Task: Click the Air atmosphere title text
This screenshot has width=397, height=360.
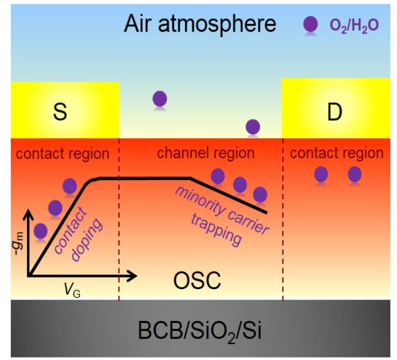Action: coord(200,24)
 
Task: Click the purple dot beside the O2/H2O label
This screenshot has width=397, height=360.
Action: coord(311,24)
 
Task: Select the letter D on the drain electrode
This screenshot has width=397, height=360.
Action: coord(334,114)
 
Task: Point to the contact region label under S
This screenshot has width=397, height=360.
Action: coord(62,153)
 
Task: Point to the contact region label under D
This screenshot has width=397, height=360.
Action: coord(337,153)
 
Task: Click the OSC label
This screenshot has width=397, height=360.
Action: coord(196,281)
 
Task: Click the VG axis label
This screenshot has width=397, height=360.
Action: coord(73,291)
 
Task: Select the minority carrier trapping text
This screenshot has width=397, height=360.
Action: coord(220,215)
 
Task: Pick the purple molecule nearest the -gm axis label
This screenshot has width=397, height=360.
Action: coord(40,231)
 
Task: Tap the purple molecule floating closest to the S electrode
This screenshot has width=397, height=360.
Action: coord(159,98)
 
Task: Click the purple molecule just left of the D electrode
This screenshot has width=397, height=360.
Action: coord(252,126)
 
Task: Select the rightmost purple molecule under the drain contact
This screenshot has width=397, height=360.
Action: coord(355,175)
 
